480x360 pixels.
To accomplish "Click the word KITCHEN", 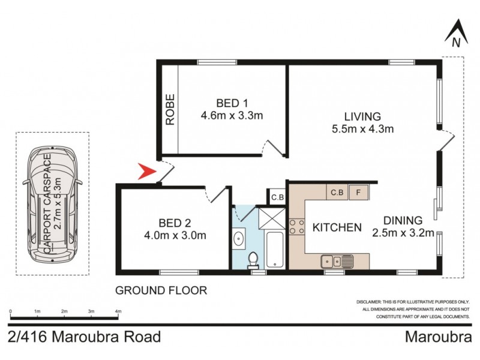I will tap(337, 227).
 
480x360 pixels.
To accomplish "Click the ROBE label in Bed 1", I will tap(170, 109).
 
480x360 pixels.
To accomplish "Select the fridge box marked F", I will tap(359, 193).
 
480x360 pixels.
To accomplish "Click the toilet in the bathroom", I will tap(253, 259).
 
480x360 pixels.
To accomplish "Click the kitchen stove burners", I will tap(296, 227).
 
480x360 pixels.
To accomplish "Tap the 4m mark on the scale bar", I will tap(118, 311).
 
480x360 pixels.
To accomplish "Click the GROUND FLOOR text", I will tap(161, 290).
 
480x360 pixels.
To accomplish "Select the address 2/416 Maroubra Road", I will tap(85, 337).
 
